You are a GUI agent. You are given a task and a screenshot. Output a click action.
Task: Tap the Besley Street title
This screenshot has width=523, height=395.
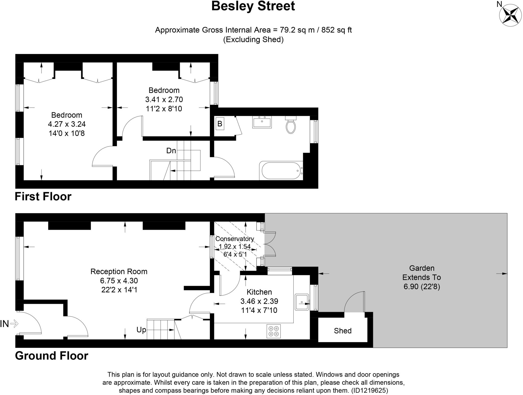click(253, 6)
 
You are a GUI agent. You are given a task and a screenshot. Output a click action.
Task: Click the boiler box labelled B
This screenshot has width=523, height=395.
click(220, 124)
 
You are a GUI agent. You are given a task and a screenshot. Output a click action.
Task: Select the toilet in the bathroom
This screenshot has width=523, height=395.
click(291, 126)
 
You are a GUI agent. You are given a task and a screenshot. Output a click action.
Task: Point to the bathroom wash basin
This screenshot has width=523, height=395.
click(262, 122)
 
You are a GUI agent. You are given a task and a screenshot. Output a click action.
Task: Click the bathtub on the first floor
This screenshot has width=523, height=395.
click(280, 170)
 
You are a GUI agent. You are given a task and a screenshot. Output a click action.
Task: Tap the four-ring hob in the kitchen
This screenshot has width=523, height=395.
click(274, 331)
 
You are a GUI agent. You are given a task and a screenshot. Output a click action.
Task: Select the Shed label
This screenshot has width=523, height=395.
click(342, 331)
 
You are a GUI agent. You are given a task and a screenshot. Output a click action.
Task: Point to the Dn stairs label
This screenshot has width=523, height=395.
click(171, 151)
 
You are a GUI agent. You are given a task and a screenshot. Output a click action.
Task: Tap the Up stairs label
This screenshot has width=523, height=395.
click(141, 330)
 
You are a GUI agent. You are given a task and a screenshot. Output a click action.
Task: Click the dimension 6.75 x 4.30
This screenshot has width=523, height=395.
click(119, 281)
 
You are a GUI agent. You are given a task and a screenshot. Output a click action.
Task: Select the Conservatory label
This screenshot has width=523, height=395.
click(234, 239)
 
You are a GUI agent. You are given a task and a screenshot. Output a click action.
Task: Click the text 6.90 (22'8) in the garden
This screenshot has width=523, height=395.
click(422, 287)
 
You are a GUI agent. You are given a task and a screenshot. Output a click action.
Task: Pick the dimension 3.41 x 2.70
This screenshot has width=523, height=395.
click(164, 99)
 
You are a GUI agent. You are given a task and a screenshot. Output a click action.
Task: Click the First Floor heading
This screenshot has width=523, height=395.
click(43, 196)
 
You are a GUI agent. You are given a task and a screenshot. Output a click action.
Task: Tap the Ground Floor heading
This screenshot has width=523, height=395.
click(52, 356)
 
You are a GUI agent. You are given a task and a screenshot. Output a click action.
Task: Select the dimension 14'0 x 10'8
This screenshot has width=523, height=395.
click(67, 133)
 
